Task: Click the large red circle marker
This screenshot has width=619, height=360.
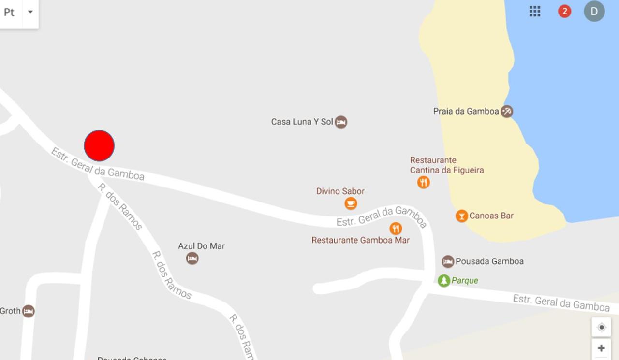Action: [99, 145]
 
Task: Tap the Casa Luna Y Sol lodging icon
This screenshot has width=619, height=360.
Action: [341, 122]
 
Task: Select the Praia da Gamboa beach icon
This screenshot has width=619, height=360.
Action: [506, 112]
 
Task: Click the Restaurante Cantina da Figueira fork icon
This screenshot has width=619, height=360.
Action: [424, 182]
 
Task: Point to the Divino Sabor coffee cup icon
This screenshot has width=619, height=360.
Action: [351, 203]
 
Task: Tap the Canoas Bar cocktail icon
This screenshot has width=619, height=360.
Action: [461, 216]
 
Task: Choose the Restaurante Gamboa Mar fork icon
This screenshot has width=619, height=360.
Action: [396, 228]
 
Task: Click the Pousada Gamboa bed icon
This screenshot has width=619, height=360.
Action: [448, 261]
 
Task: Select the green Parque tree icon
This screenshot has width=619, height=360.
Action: [443, 281]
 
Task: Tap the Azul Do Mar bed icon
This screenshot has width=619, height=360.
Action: [192, 259]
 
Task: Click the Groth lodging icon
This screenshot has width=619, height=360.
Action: [29, 311]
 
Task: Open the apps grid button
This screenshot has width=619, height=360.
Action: [535, 12]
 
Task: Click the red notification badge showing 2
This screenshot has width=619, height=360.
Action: [564, 12]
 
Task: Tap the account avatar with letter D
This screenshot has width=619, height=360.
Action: [594, 12]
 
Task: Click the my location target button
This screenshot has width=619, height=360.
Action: [601, 327]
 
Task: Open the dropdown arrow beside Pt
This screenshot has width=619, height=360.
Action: [30, 12]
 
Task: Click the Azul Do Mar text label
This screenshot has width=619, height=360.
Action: [201, 246]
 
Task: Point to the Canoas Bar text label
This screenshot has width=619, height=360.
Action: [491, 216]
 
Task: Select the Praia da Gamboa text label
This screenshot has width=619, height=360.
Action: [466, 111]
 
